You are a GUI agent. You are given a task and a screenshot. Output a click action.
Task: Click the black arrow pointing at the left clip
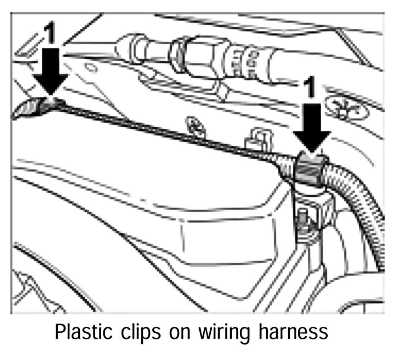51,73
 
